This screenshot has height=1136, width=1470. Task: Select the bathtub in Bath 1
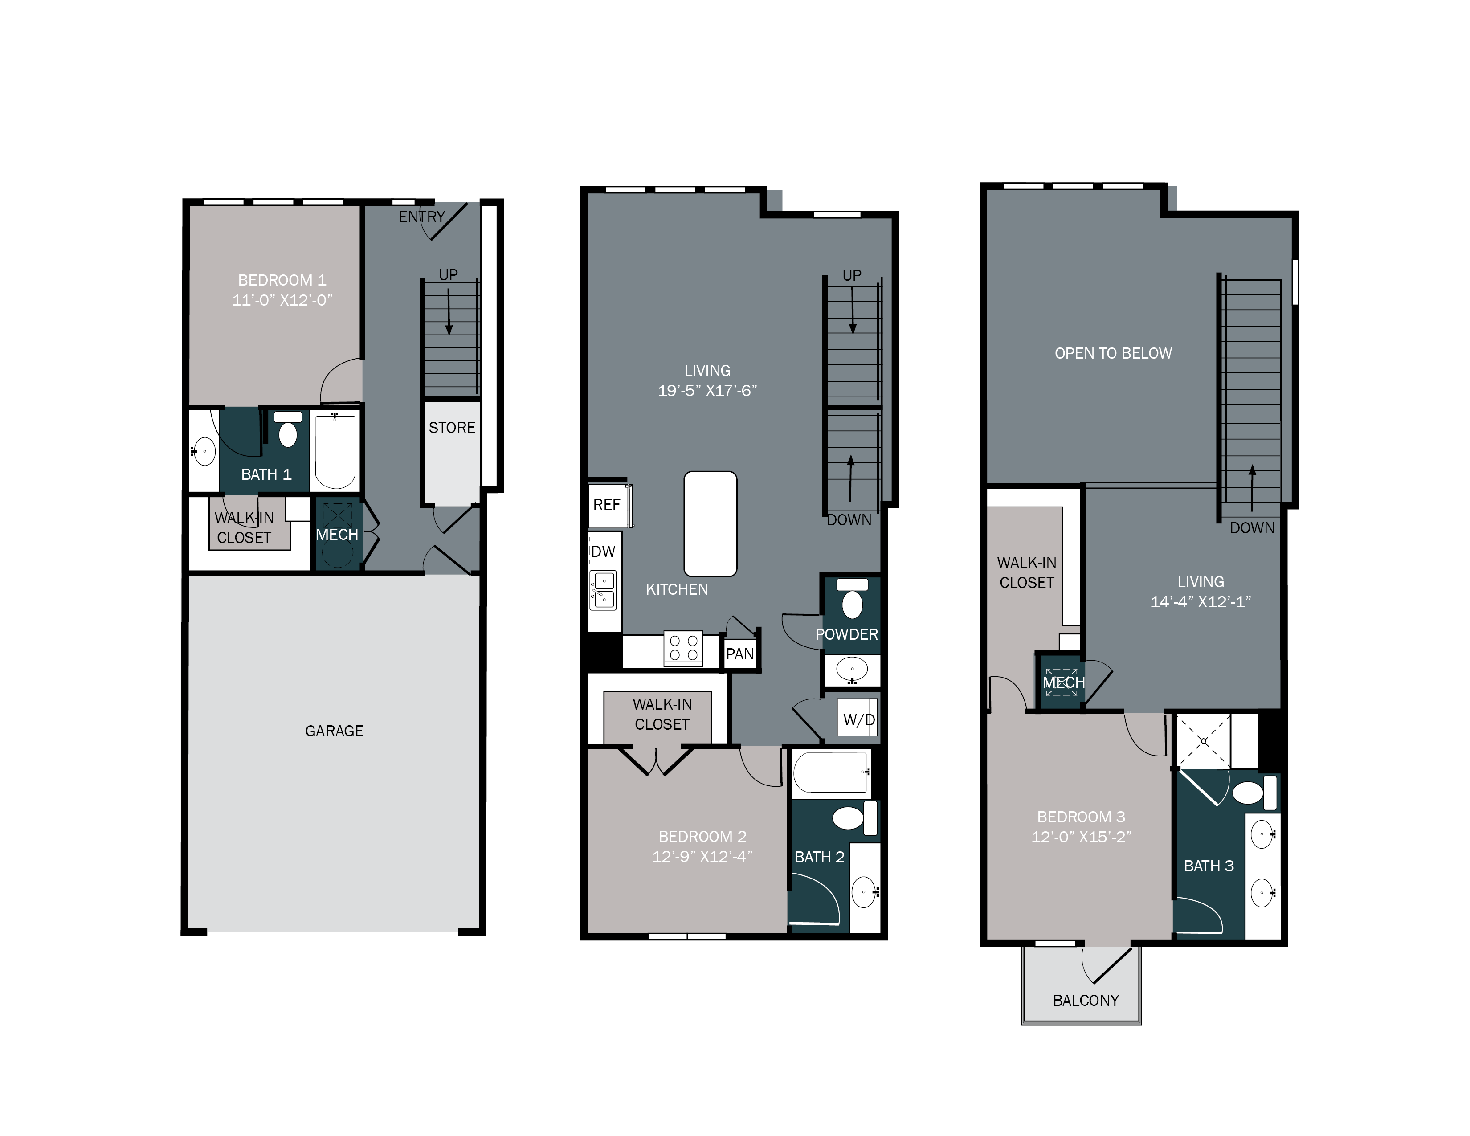pyautogui.click(x=335, y=450)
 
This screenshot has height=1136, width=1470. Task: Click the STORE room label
pyautogui.click(x=452, y=428)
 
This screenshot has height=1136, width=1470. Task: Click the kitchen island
pyautogui.click(x=710, y=523)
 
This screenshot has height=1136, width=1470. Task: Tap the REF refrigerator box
pyautogui.click(x=607, y=505)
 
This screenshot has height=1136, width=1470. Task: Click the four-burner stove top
pyautogui.click(x=683, y=648)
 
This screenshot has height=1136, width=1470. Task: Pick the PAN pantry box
pyautogui.click(x=740, y=654)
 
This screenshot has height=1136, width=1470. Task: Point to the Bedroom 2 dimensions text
pyautogui.click(x=702, y=857)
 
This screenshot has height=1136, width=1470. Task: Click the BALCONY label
pyautogui.click(x=1086, y=1001)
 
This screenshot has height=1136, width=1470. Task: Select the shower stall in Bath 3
pyautogui.click(x=1203, y=741)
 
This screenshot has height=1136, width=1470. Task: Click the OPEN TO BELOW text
pyautogui.click(x=1113, y=353)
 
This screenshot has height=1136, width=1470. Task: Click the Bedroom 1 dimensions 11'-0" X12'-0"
pyautogui.click(x=282, y=300)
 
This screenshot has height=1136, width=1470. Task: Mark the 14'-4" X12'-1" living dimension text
pyautogui.click(x=1200, y=602)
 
